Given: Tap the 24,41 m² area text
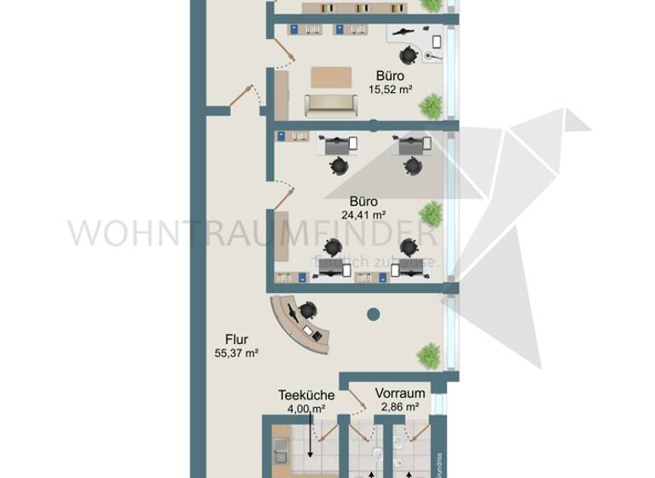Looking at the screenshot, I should pos(365,215).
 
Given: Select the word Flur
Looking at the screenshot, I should pos(237,338).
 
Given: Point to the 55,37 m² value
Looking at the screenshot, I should pos(237,352).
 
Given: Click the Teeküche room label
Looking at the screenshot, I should pos(306,395).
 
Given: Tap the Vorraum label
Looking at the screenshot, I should pos(400,393).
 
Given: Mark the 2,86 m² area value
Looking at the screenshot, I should pos(399,407).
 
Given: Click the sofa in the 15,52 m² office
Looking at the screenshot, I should pos(332,106).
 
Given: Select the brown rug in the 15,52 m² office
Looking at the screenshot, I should pos(332,77).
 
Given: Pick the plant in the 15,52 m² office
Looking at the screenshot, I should pos(432,106).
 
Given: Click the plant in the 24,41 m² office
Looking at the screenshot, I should pos(432,212).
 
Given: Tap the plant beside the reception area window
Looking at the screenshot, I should pos(430,352).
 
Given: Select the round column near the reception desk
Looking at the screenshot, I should pos(373,315).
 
